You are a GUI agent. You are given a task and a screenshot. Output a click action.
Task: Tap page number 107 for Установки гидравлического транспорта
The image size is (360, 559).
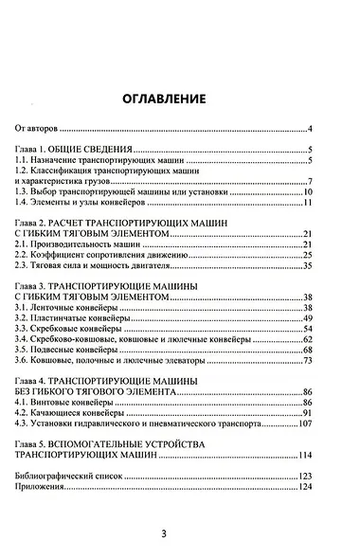point(305,424)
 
